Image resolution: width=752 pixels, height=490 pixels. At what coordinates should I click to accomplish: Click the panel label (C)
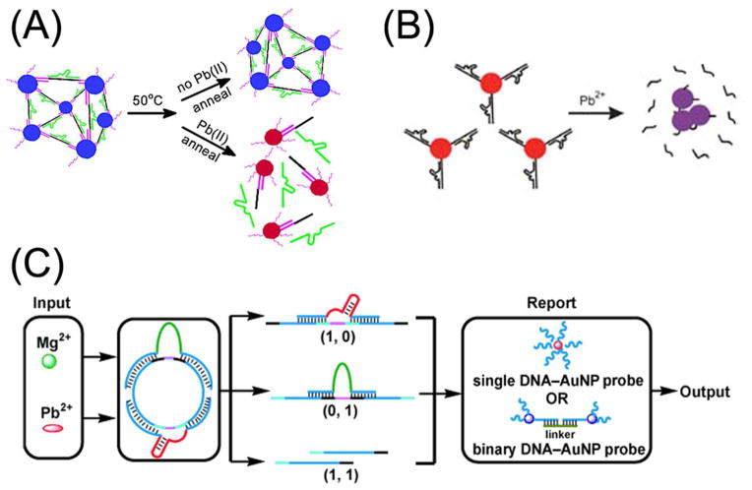[35, 267]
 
